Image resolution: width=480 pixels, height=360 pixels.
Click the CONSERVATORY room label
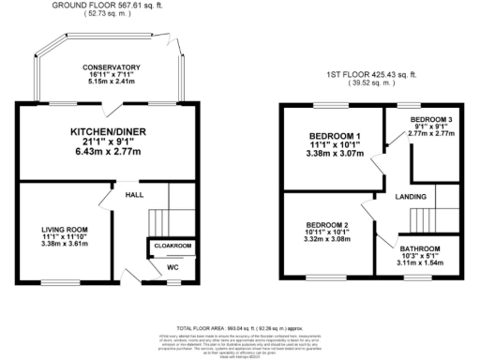tap(112, 67)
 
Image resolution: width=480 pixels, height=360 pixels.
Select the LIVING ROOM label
tap(64, 229)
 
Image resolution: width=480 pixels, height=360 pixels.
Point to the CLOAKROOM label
tap(172, 246)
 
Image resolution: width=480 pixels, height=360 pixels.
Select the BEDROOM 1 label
tap(335, 137)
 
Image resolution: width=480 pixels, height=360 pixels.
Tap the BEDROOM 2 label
tap(328, 225)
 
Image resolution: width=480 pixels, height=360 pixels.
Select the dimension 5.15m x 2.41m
tap(112, 82)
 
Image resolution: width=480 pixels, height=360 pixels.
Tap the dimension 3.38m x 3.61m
tap(64, 244)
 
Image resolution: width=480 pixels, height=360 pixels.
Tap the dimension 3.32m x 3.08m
tap(328, 241)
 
